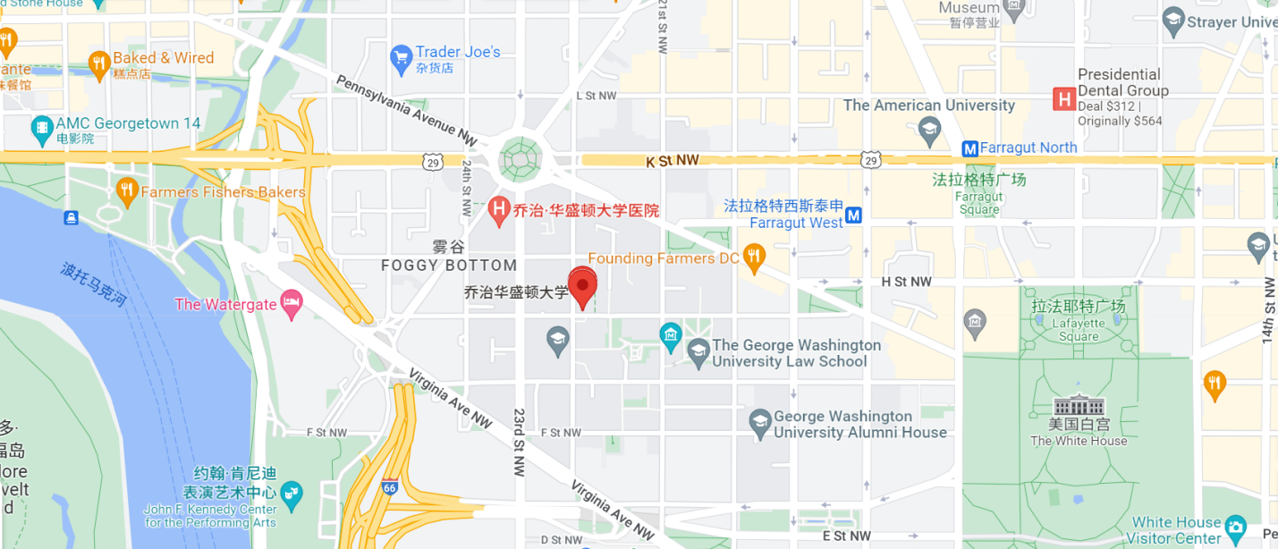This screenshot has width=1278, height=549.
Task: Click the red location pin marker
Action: point(583,287)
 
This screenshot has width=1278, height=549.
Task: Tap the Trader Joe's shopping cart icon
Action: point(401,60)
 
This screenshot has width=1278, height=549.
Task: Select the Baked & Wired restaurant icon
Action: point(98,63)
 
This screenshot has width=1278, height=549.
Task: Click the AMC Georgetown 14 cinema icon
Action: point(41,131)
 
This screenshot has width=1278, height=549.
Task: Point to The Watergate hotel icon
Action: point(291,304)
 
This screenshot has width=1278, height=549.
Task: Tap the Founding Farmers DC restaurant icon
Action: point(754,258)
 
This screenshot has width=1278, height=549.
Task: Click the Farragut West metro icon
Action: point(854,215)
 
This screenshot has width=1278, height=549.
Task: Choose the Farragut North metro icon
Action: point(969,148)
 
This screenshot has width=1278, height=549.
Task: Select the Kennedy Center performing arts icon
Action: point(291,493)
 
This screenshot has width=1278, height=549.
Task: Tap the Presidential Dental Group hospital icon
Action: point(1063,98)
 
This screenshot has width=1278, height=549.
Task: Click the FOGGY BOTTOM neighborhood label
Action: point(449,265)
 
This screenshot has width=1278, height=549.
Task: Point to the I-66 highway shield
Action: point(389,487)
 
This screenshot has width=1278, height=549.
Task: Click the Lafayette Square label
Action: point(1078,321)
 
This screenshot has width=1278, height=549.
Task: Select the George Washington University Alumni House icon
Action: point(760,423)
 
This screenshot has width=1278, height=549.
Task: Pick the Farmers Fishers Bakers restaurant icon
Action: point(126,190)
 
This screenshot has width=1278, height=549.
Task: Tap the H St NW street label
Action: point(906,282)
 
